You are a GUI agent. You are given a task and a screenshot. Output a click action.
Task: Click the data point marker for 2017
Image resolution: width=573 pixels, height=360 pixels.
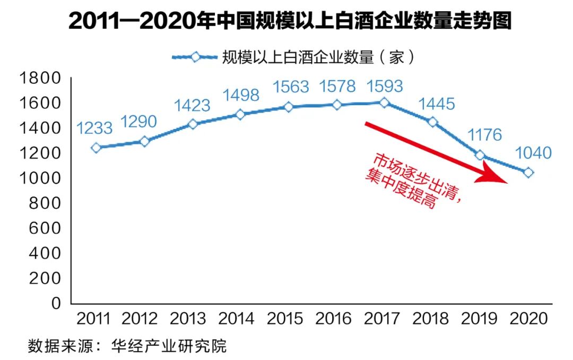point(385,102)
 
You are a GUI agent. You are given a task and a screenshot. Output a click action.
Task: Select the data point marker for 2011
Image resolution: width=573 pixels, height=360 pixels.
point(95,148)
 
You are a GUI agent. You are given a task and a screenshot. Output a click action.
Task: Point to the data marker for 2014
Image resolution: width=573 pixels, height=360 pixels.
point(240,114)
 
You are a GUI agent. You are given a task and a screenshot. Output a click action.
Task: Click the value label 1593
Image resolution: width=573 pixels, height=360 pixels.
point(385,86)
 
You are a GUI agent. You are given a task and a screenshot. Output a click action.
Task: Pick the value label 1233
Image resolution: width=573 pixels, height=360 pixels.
point(94,128)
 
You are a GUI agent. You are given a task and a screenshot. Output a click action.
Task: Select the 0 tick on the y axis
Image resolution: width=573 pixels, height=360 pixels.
point(56,303)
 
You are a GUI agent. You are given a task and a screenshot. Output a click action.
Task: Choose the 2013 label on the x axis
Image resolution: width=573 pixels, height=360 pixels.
point(188,319)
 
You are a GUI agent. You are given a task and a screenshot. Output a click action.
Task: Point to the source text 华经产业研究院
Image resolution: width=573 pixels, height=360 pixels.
point(169,346)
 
